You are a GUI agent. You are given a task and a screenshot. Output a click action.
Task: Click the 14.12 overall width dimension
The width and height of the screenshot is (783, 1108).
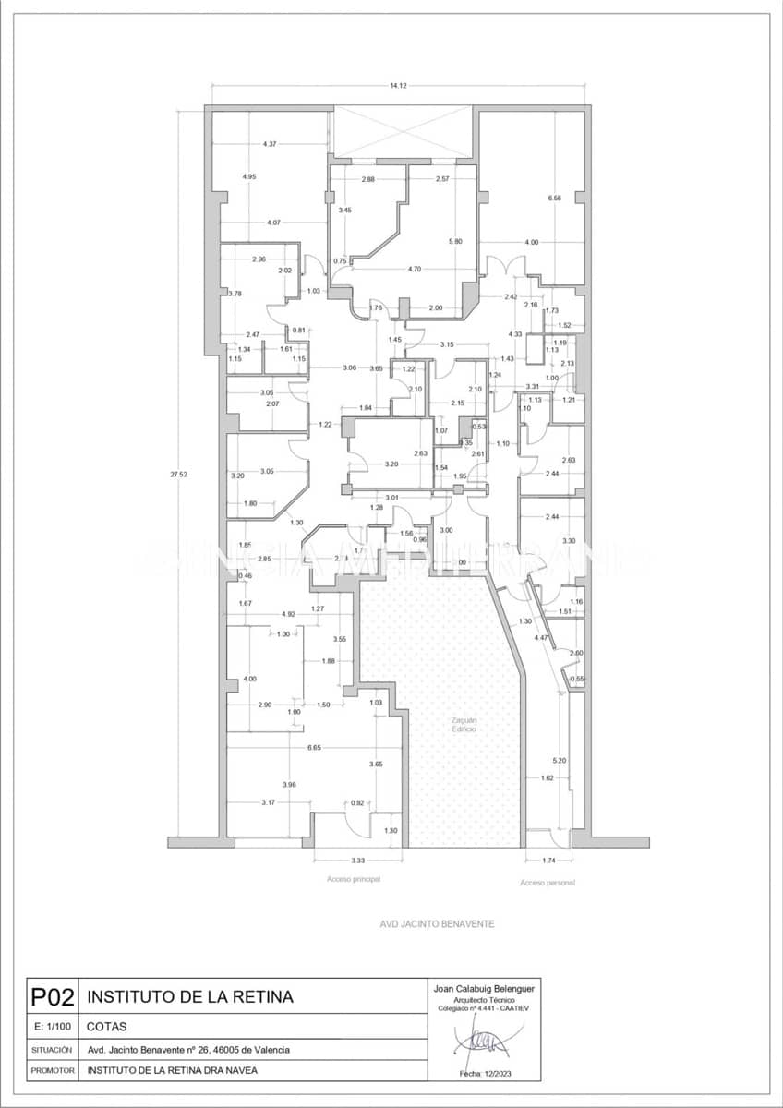click(x=398, y=85)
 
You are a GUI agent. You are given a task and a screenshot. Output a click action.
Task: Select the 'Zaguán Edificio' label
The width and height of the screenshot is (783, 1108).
click(x=464, y=724)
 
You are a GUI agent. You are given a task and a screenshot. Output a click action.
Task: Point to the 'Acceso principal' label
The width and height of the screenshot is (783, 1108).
click(x=354, y=880)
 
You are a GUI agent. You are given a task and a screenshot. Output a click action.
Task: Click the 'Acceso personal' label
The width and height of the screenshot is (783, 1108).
click(x=548, y=884)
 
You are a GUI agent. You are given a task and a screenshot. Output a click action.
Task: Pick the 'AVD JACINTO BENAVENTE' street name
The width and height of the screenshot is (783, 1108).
click(x=438, y=923)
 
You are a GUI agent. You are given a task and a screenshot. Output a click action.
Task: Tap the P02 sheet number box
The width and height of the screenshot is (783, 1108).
click(x=52, y=997)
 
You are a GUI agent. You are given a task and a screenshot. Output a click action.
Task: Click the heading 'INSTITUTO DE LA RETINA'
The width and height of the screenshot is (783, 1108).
click(x=190, y=997)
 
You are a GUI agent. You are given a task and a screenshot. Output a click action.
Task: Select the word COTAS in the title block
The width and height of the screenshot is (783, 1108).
click(x=107, y=1027)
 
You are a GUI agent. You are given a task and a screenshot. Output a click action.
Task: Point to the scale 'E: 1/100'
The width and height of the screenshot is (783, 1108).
click(x=52, y=1027)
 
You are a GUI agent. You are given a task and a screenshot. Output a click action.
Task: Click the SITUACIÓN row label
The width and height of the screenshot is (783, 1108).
click(x=52, y=1050)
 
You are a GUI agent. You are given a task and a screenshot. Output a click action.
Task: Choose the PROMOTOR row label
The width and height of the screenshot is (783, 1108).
click(x=52, y=1071)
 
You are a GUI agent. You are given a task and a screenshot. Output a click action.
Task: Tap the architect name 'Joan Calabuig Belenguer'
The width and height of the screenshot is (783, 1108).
click(x=485, y=988)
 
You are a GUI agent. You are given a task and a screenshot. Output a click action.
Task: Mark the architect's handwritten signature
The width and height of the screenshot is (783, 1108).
click(x=484, y=1043)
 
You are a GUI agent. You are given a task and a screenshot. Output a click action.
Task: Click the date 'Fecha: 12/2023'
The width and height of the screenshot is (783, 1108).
click(x=485, y=1074)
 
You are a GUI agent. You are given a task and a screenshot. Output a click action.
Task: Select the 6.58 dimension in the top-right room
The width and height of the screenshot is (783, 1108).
click(x=554, y=199)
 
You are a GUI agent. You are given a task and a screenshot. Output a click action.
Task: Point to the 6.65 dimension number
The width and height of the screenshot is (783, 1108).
click(x=314, y=747)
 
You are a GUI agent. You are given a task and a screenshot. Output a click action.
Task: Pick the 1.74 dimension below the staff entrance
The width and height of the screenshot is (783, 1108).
click(x=548, y=861)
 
